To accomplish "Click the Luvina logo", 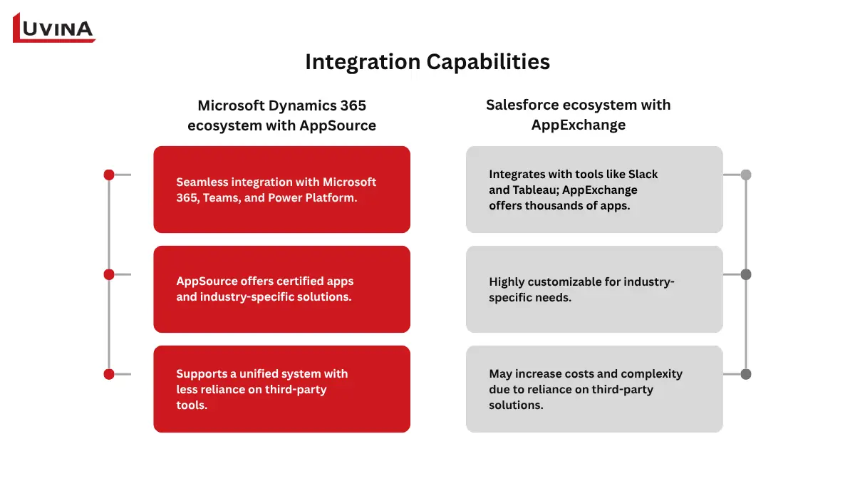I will pyautogui.click(x=54, y=28).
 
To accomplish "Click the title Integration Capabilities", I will pyautogui.click(x=427, y=62).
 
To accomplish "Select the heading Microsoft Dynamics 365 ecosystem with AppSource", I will pyautogui.click(x=281, y=115).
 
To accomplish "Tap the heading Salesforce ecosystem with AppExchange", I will pyautogui.click(x=578, y=115).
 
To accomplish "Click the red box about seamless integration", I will pyautogui.click(x=281, y=190).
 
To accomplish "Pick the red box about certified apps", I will pyautogui.click(x=281, y=289).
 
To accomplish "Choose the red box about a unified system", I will pyautogui.click(x=281, y=389).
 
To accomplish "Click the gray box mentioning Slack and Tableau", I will pyautogui.click(x=594, y=190).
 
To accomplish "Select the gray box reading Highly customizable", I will pyautogui.click(x=594, y=289).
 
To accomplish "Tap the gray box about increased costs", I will pyautogui.click(x=594, y=389).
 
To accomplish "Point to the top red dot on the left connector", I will pyautogui.click(x=109, y=175).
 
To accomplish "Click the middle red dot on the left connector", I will pyautogui.click(x=109, y=274).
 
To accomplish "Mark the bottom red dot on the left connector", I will pyautogui.click(x=109, y=374).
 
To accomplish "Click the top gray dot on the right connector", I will pyautogui.click(x=746, y=175).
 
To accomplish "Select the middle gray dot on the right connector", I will pyautogui.click(x=746, y=274).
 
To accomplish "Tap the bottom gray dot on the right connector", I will pyautogui.click(x=746, y=374).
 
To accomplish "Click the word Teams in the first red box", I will pyautogui.click(x=220, y=198).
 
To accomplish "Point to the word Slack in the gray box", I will pyautogui.click(x=642, y=175).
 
